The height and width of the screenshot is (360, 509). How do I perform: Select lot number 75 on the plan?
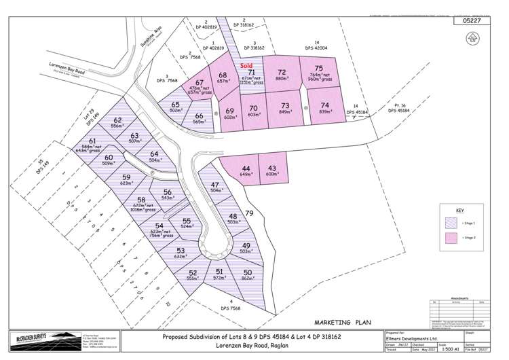(319, 68)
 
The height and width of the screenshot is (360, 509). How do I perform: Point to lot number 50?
(247, 272)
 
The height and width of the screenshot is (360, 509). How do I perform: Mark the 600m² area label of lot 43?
(273, 174)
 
